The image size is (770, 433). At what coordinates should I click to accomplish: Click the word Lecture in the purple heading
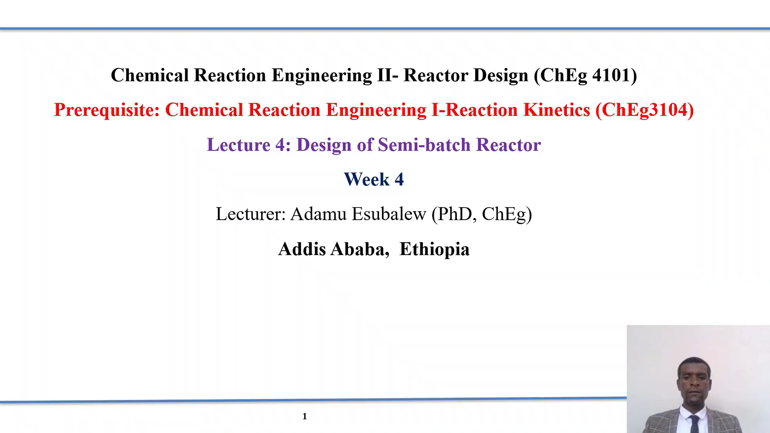(x=239, y=145)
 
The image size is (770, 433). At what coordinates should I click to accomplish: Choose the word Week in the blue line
(x=366, y=180)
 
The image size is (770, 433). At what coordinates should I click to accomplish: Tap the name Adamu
(x=318, y=214)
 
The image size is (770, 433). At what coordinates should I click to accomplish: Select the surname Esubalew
(x=389, y=214)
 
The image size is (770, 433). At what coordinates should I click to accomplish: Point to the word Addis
(x=302, y=249)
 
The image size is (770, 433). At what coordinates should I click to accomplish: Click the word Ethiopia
(x=434, y=249)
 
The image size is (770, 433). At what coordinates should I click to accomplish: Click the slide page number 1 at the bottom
(x=305, y=416)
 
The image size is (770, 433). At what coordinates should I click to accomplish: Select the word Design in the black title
(x=501, y=76)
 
